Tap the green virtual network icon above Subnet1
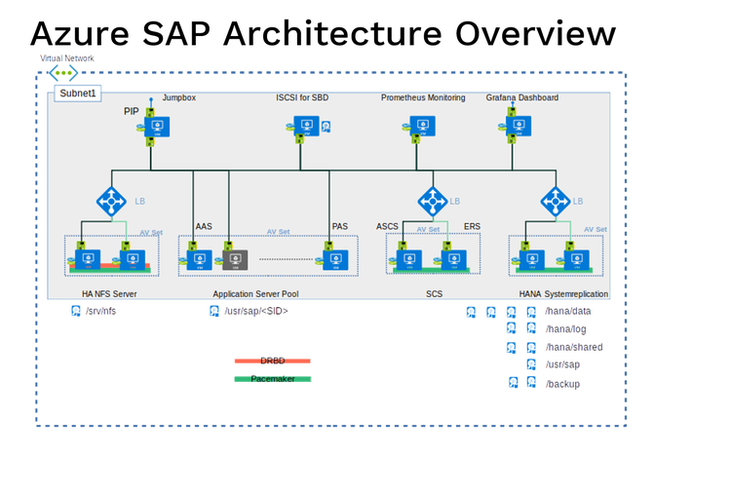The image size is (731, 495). pyautogui.click(x=62, y=73)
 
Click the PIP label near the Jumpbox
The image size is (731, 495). pyautogui.click(x=132, y=112)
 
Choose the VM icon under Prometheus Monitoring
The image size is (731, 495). pyautogui.click(x=421, y=126)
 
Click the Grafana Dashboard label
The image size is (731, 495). pyautogui.click(x=522, y=98)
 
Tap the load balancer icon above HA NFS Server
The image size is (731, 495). pyautogui.click(x=111, y=202)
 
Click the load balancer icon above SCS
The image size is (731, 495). pyautogui.click(x=433, y=202)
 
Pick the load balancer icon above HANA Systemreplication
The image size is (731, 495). pyautogui.click(x=556, y=202)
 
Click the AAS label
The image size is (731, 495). pyautogui.click(x=204, y=226)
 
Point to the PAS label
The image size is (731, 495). pyautogui.click(x=339, y=226)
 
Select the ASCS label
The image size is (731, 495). pyautogui.click(x=387, y=226)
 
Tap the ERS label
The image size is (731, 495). pyautogui.click(x=472, y=226)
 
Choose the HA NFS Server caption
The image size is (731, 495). pyautogui.click(x=109, y=293)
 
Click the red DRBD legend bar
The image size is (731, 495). pyautogui.click(x=272, y=361)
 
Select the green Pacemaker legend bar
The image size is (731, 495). pyautogui.click(x=272, y=379)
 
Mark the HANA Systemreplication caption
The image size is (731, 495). pyautogui.click(x=563, y=293)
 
